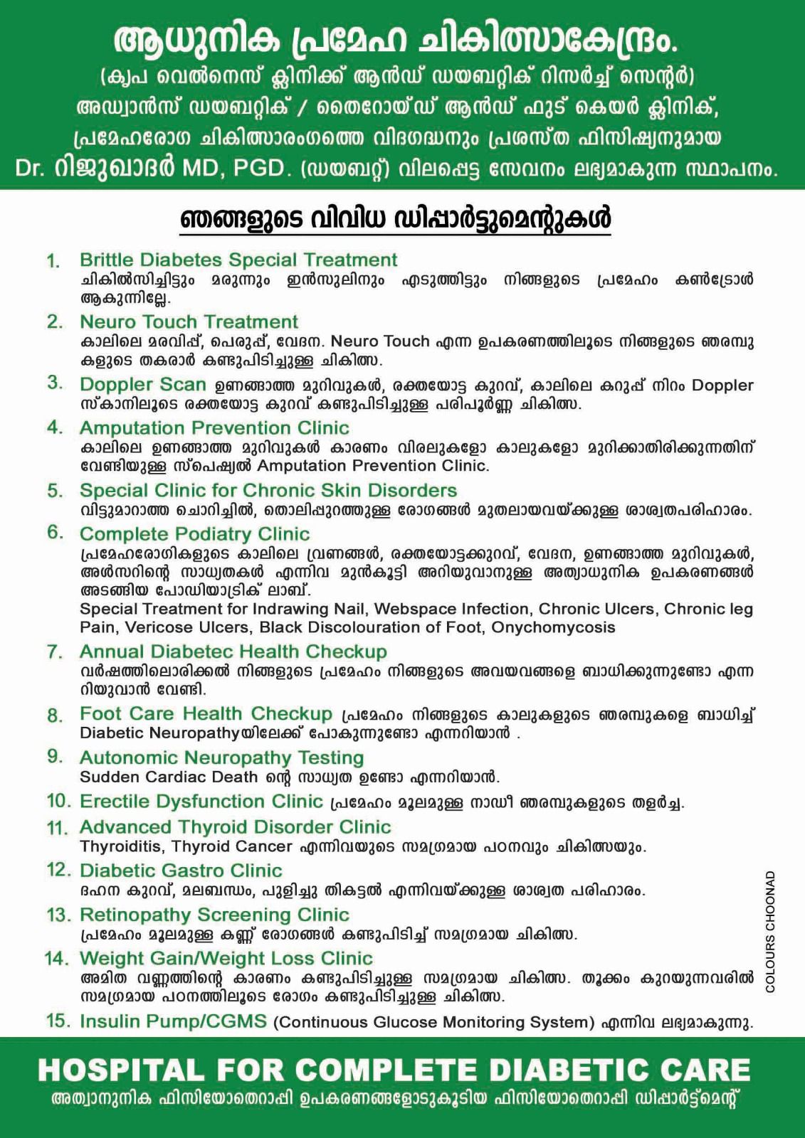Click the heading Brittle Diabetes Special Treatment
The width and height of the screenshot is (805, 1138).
click(x=238, y=260)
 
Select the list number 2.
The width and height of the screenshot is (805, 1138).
click(x=55, y=322)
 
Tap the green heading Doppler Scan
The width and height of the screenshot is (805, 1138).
click(x=142, y=385)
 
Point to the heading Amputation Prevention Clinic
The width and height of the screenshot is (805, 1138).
click(x=214, y=428)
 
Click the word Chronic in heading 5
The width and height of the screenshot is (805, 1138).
click(x=278, y=491)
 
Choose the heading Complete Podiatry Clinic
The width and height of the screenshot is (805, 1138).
click(x=194, y=534)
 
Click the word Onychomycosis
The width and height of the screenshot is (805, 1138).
click(x=553, y=627)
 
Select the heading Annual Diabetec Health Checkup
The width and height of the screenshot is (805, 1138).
click(x=233, y=652)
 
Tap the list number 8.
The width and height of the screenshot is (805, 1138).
click(x=55, y=716)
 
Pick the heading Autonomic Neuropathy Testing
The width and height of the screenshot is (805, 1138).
click(x=221, y=758)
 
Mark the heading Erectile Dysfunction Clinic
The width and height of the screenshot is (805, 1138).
click(x=201, y=802)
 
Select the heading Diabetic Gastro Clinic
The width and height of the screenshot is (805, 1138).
click(x=181, y=871)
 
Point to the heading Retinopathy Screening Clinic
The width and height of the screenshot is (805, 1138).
click(x=214, y=915)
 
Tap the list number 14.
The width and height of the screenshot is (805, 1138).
click(x=58, y=959)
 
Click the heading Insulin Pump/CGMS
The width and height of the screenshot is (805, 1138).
click(x=173, y=1022)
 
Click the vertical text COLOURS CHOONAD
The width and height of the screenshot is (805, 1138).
click(x=771, y=931)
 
